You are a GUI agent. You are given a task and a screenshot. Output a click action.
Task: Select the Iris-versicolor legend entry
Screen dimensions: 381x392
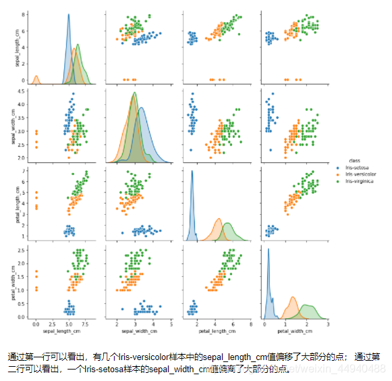(x=360, y=174)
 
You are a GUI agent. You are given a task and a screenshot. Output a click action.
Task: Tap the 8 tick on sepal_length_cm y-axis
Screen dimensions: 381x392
(x=25, y=14)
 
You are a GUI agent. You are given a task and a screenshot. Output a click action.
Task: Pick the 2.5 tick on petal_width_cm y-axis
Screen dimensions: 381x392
(x=22, y=250)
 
